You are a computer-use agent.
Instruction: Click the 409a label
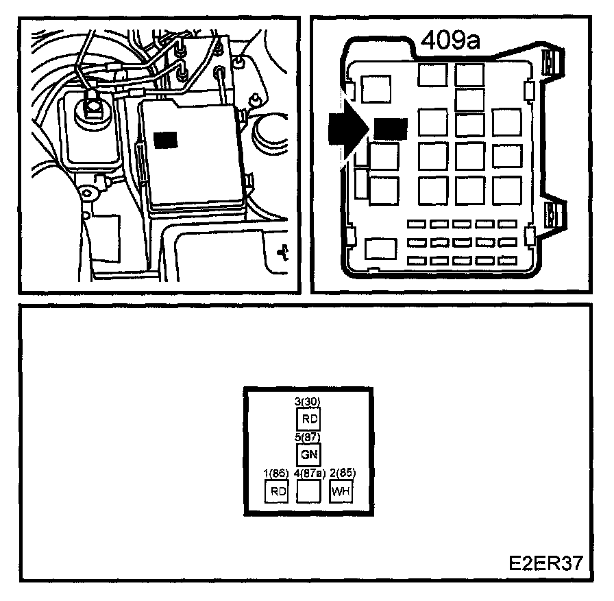click(451, 43)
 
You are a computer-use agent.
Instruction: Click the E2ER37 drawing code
click(545, 563)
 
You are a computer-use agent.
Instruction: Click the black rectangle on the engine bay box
click(166, 139)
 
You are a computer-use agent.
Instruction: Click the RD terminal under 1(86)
click(277, 491)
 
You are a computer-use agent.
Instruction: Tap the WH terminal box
click(340, 491)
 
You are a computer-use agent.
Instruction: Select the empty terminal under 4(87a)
click(308, 491)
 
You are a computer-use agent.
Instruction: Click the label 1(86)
click(276, 473)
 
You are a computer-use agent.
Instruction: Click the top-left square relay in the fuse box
click(376, 89)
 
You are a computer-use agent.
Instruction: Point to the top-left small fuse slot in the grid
click(415, 224)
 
